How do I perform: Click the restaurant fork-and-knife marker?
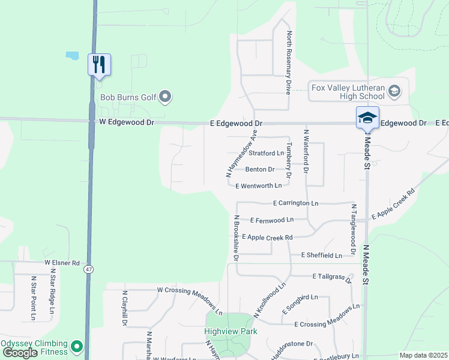100,65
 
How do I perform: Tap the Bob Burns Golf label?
128,97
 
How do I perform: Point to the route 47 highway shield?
89,269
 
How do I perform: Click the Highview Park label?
231,331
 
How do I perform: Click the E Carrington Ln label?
295,203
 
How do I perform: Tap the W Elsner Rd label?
62,263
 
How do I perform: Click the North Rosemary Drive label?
289,63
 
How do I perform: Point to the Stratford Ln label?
266,154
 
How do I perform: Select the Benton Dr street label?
259,170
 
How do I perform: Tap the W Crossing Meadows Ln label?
190,301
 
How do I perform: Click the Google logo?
20,353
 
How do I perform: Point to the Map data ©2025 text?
423,355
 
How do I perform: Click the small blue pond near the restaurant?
72,55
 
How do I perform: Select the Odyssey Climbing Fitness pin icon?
77,346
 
